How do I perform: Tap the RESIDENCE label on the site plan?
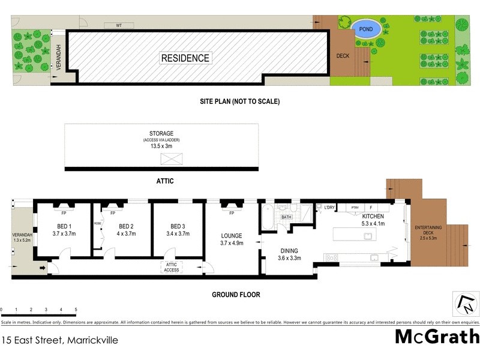tap(185, 58)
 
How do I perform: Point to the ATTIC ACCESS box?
tap(172, 268)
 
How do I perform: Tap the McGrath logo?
tap(437, 337)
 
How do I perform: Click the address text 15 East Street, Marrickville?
tap(59, 340)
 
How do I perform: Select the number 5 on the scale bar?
tap(76, 310)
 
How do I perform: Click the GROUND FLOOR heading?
tap(235, 295)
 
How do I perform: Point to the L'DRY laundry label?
tap(329, 208)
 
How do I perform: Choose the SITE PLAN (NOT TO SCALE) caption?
tap(240, 101)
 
